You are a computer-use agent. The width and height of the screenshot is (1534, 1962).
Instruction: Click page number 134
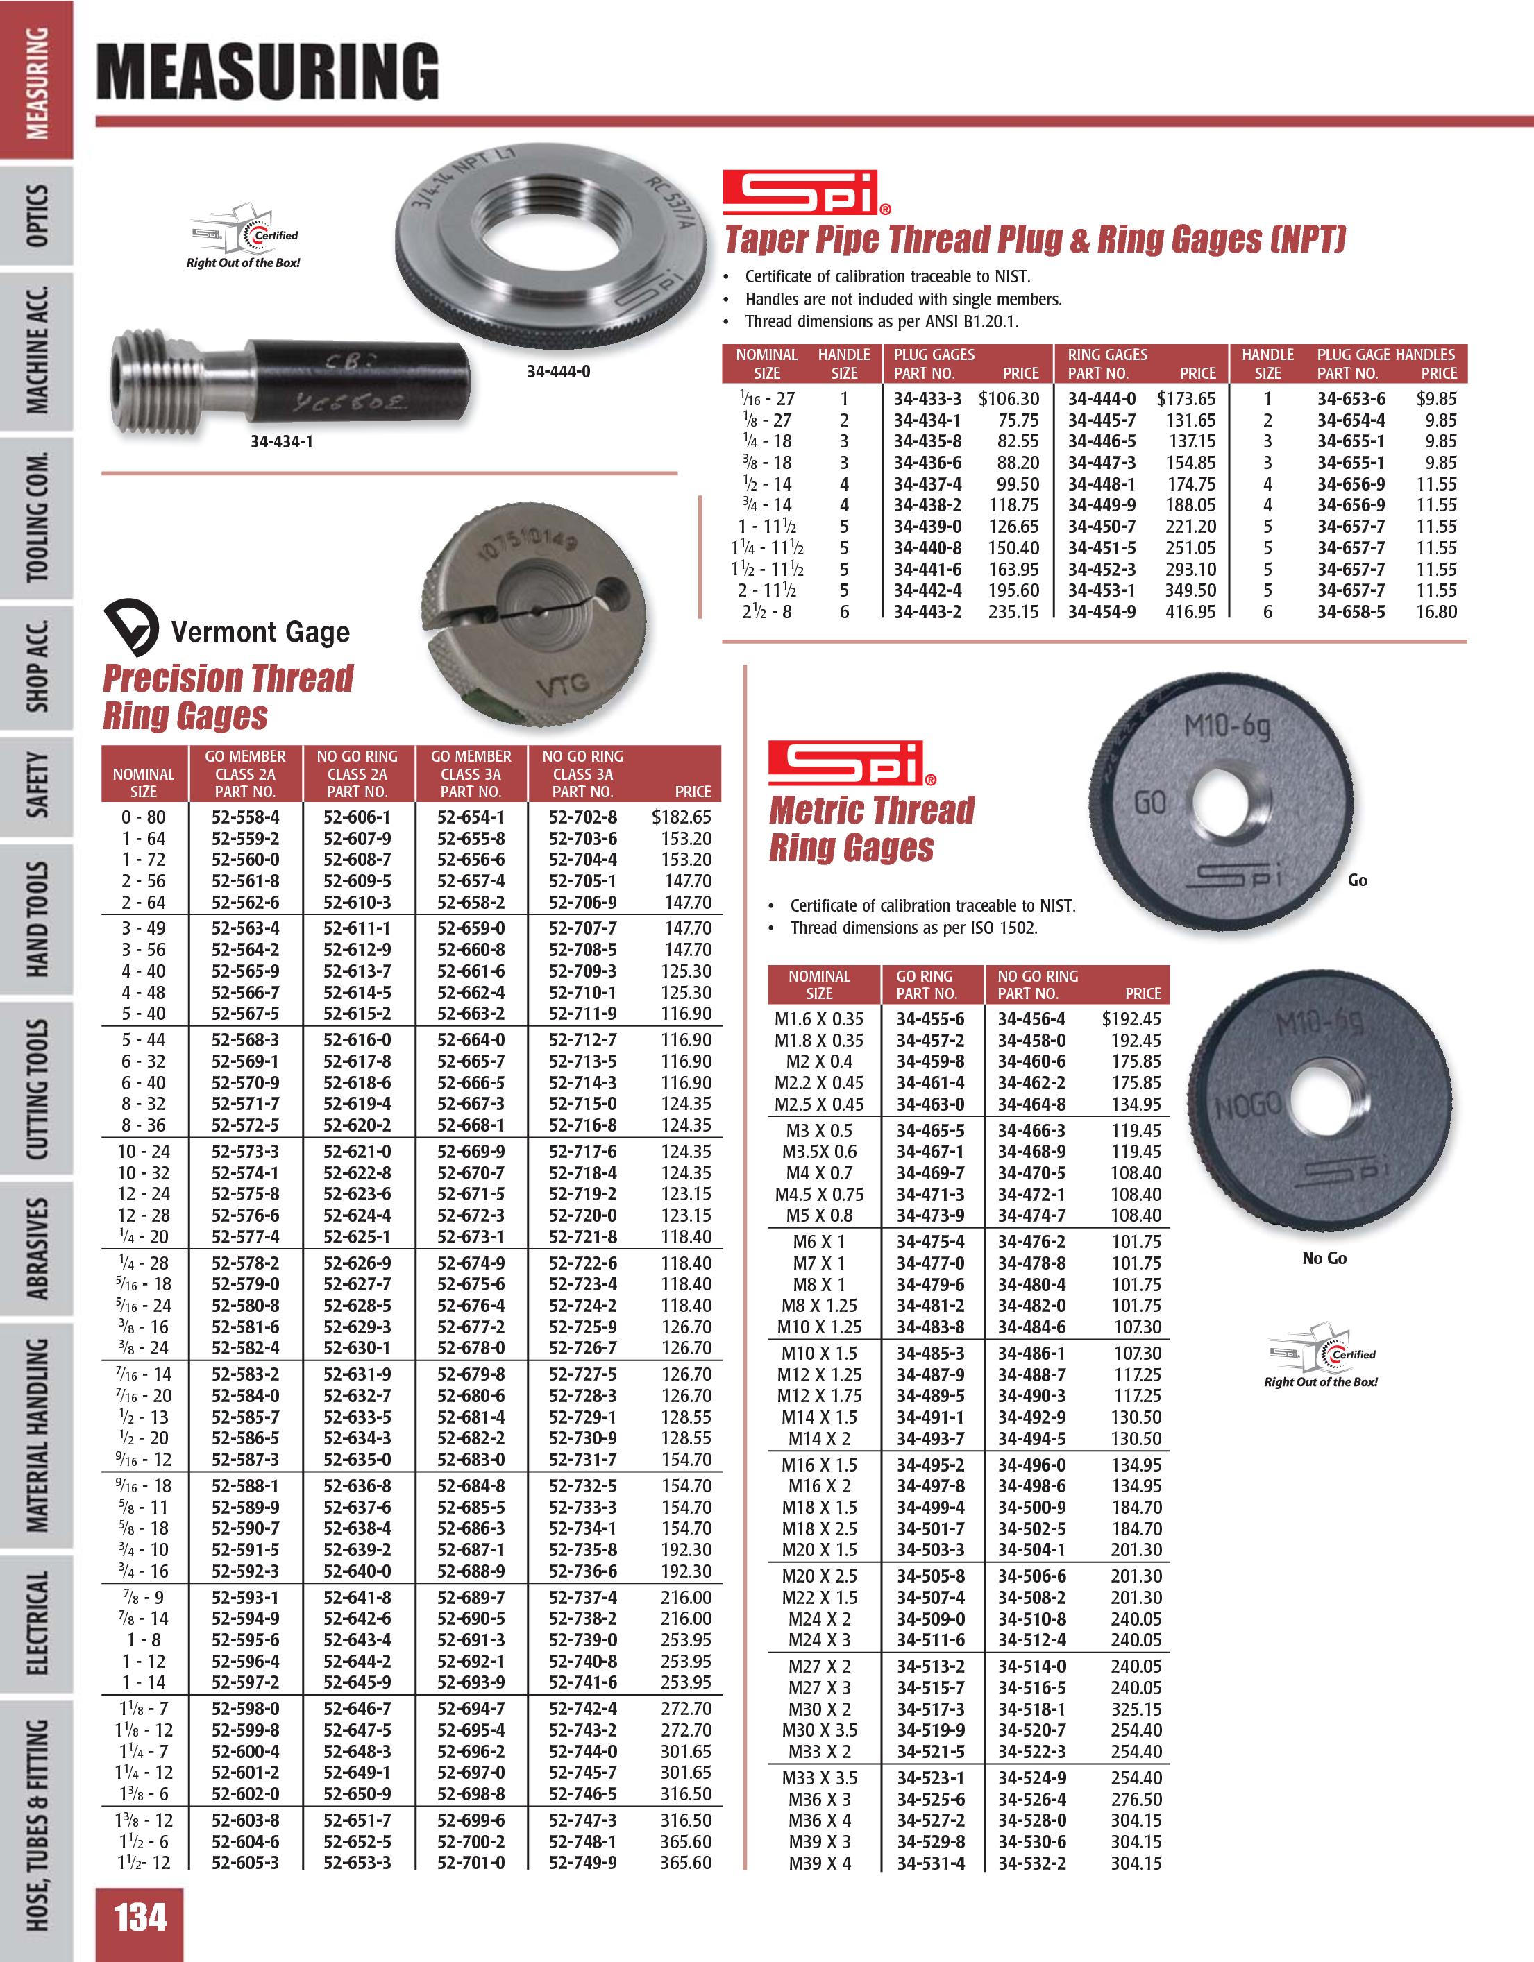click(x=140, y=1919)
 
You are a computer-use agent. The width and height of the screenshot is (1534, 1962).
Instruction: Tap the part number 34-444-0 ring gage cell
click(x=1101, y=399)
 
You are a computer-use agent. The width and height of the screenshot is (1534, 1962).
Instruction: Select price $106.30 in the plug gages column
click(x=1009, y=399)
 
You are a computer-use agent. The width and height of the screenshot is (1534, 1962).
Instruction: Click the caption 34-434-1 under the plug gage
click(x=281, y=442)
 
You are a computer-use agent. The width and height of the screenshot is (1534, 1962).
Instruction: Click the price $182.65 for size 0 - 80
click(x=681, y=817)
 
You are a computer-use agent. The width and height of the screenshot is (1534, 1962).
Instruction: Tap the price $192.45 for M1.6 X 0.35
click(x=1131, y=1018)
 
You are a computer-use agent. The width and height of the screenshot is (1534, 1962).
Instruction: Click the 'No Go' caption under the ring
click(x=1324, y=1259)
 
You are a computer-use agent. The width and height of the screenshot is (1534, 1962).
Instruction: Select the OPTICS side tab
click(x=36, y=216)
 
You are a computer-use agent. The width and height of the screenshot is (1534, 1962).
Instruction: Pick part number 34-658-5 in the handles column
click(x=1351, y=612)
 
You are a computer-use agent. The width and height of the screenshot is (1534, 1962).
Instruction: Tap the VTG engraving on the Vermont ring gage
click(x=562, y=686)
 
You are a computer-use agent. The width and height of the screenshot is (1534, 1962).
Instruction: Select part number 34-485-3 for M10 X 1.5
click(x=930, y=1354)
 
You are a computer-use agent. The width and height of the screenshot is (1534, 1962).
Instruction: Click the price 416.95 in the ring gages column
click(x=1190, y=612)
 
